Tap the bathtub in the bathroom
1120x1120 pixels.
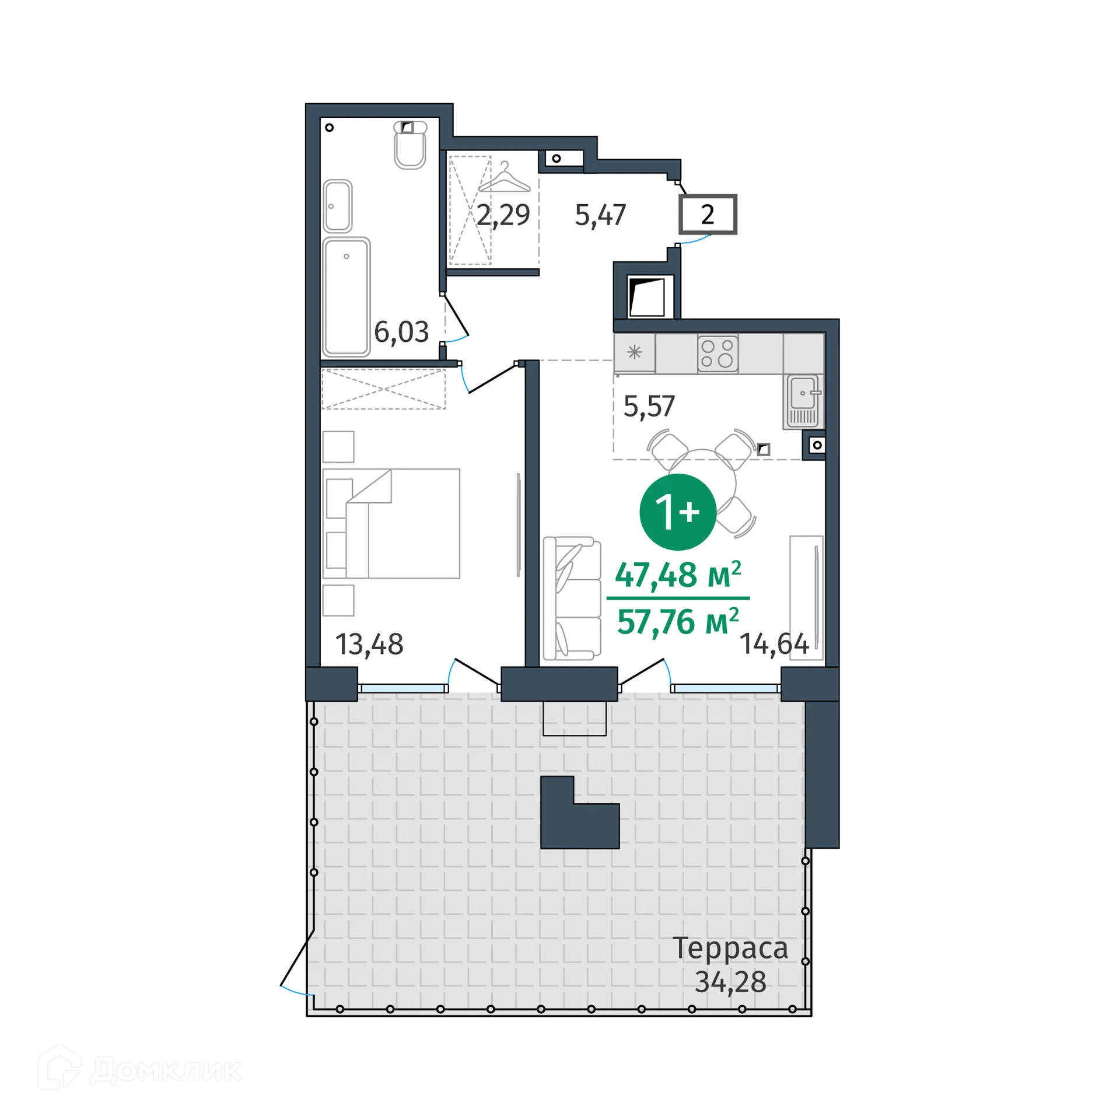click(346, 296)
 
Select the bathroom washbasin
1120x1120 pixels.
click(338, 206)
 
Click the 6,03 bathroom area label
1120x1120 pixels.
click(401, 332)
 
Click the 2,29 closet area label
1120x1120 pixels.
click(503, 215)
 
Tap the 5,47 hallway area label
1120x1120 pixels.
click(600, 215)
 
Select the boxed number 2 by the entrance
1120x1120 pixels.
click(708, 215)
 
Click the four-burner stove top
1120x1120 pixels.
click(717, 353)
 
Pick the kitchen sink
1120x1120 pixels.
click(803, 401)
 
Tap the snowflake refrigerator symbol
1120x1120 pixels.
click(635, 352)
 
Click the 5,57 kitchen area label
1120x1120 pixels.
click(649, 407)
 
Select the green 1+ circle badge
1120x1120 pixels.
click(678, 512)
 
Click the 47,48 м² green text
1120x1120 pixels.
click(678, 575)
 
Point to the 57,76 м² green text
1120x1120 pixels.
click(678, 621)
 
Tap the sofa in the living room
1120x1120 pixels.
click(572, 598)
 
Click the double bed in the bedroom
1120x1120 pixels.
click(391, 523)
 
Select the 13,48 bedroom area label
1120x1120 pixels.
click(369, 645)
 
